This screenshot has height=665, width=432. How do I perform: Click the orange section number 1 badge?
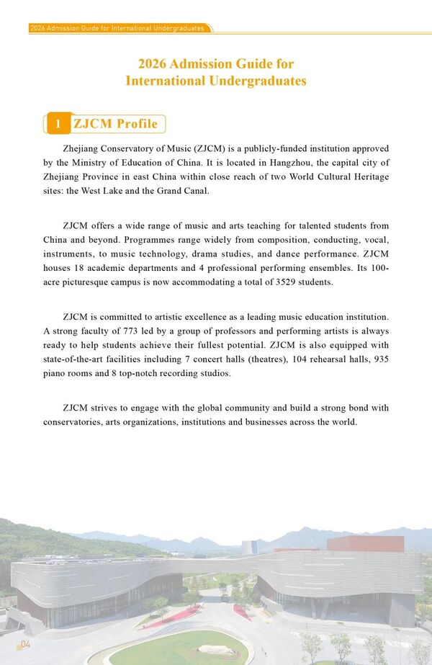point(58,124)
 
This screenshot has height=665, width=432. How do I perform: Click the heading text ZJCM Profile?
point(115,124)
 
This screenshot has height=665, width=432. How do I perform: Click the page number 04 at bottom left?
point(24,643)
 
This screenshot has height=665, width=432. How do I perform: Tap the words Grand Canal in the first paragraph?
point(185,191)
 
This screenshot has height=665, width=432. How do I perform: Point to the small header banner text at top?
point(117,28)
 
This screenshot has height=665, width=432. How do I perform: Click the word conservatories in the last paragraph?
point(77,421)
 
